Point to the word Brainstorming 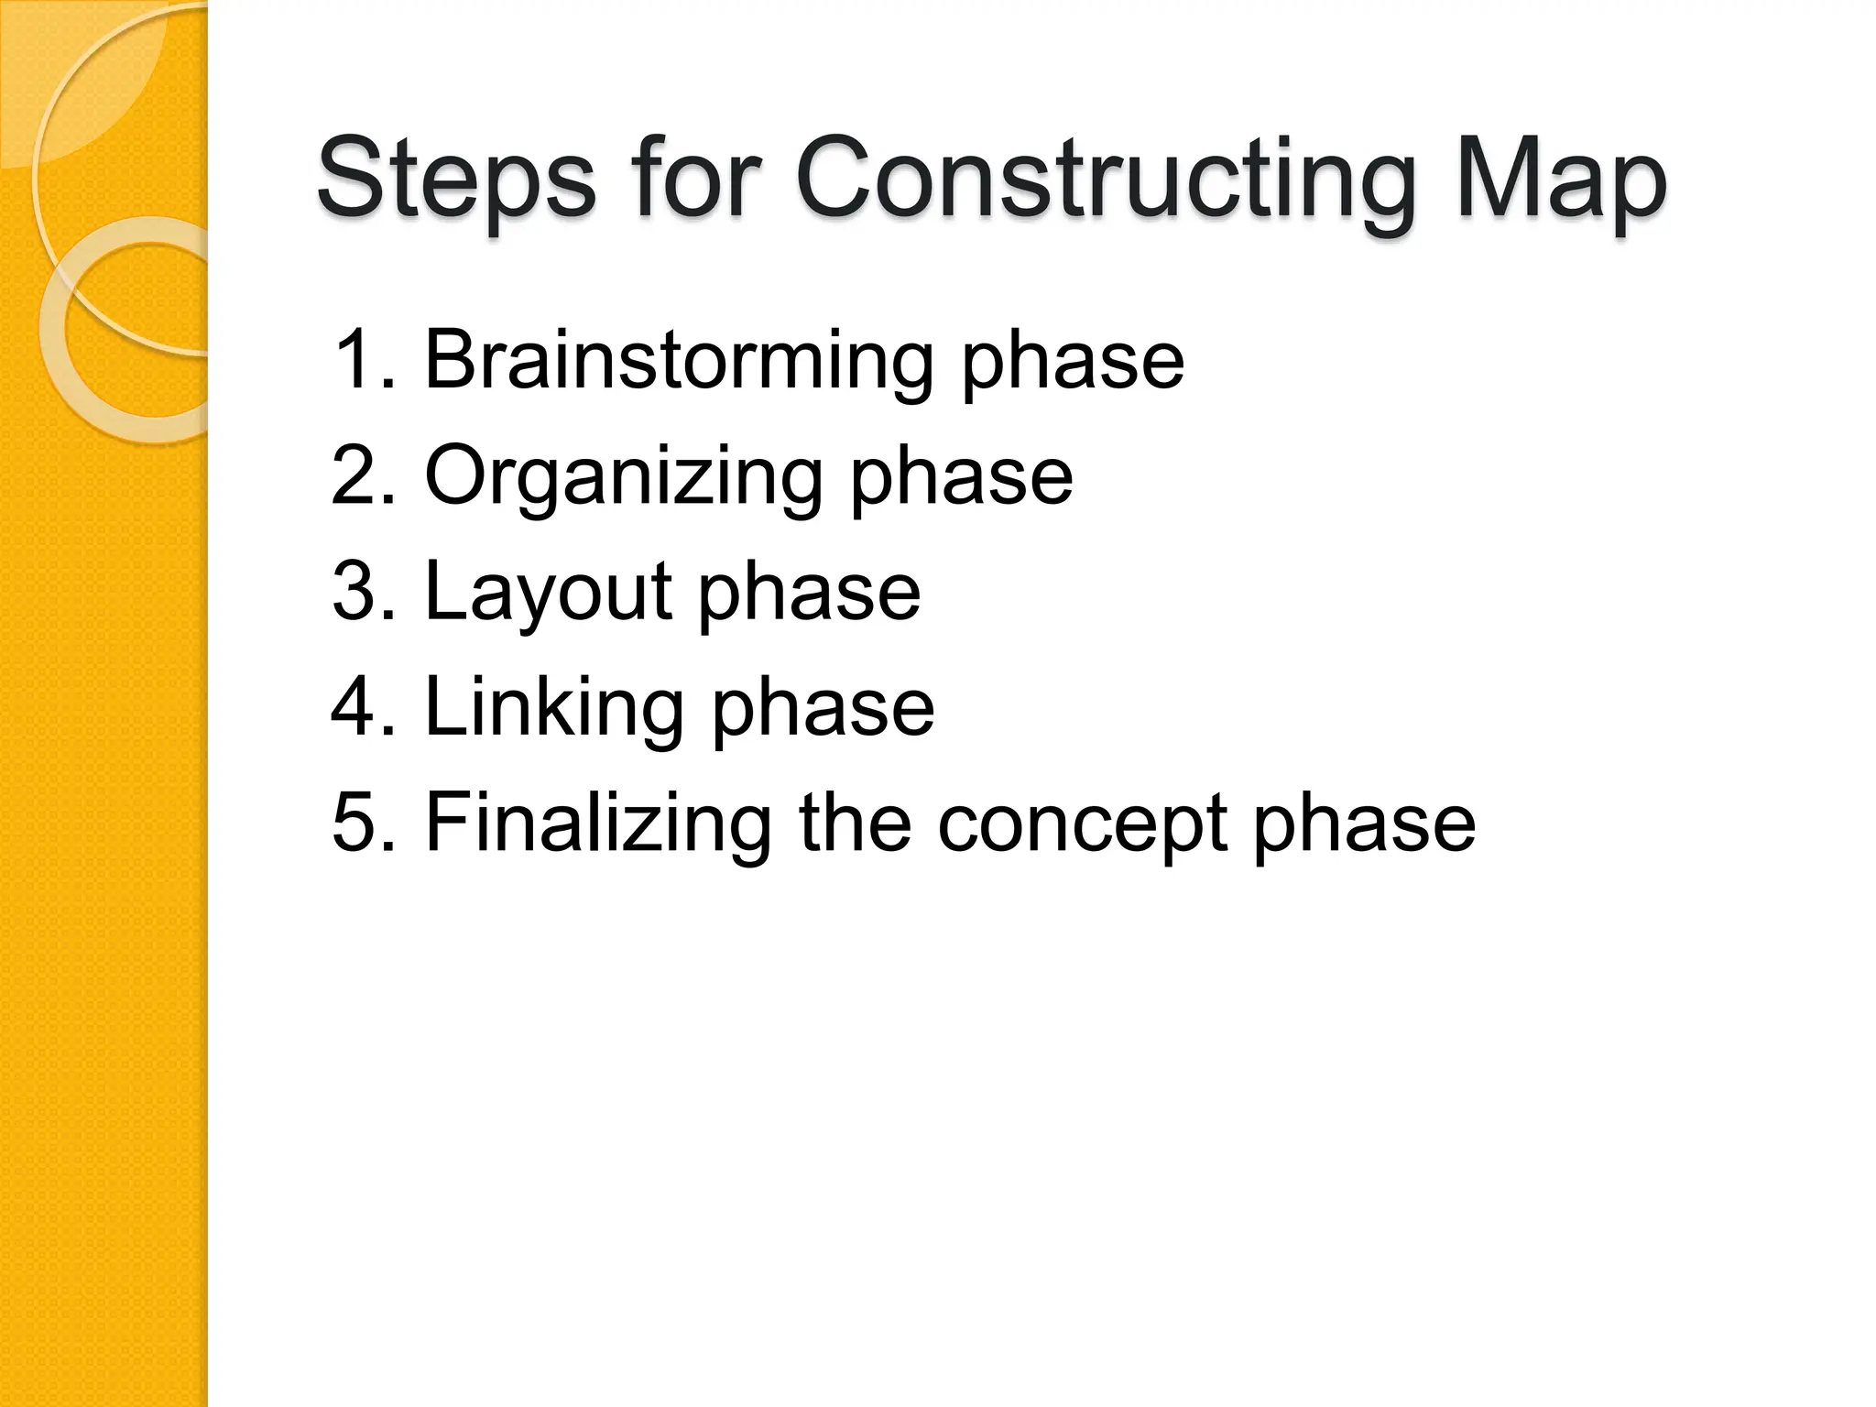678,361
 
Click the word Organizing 623,476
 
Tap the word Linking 554,708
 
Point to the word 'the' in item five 854,823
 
